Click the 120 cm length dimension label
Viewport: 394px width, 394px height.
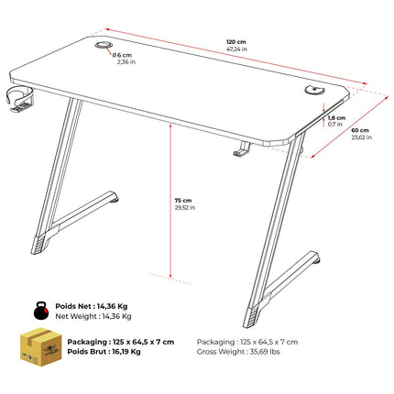point(235,42)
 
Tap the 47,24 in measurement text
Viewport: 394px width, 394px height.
point(236,49)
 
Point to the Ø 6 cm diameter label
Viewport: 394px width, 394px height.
point(122,55)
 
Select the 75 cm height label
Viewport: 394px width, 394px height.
point(183,201)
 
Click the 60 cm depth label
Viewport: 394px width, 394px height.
point(360,130)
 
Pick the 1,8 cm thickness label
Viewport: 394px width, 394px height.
point(337,118)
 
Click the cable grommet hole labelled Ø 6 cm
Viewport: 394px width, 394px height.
point(104,45)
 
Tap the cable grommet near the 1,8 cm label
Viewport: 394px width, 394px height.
point(314,89)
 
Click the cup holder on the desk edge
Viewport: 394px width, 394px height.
point(18,99)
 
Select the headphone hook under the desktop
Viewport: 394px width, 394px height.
point(242,149)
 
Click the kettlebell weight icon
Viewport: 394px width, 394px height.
point(41,311)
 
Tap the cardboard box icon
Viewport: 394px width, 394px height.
point(40,347)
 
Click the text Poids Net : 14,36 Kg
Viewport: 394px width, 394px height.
point(92,306)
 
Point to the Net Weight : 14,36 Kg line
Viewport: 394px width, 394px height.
point(93,316)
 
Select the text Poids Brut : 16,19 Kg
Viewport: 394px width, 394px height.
point(104,352)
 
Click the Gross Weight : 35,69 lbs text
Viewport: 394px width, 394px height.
point(238,352)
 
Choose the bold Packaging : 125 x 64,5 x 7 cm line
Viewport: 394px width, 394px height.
point(121,342)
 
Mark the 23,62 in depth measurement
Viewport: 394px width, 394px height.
point(362,137)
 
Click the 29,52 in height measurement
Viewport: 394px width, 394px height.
point(185,208)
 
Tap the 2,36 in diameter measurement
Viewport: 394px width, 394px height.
point(126,62)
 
